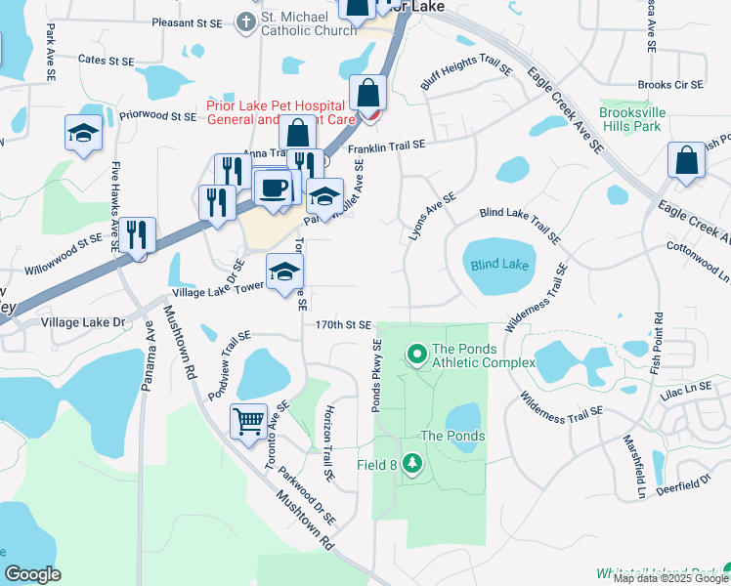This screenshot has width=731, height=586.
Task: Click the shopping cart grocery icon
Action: click(x=248, y=421)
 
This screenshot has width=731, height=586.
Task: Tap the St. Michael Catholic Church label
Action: click(x=309, y=30)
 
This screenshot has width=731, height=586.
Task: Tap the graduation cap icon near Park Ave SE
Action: click(x=83, y=133)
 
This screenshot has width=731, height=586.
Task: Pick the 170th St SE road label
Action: click(x=343, y=324)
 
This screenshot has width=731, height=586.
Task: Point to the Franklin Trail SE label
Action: click(x=387, y=145)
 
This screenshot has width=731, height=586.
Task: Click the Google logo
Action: click(x=32, y=573)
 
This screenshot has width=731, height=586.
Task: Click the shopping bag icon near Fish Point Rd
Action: click(x=686, y=160)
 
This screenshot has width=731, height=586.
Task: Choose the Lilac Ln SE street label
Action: click(x=683, y=389)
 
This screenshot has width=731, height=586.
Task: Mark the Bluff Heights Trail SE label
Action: click(x=466, y=64)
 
